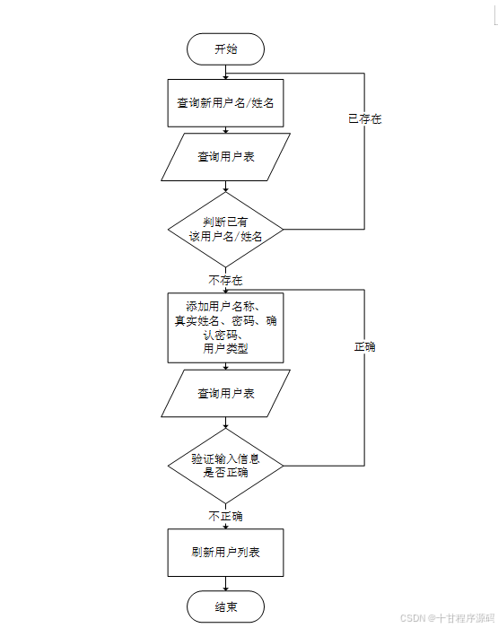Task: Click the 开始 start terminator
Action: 225,48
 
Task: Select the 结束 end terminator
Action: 225,606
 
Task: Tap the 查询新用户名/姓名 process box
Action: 225,103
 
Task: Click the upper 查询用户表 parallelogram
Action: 225,157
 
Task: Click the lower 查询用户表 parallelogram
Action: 225,393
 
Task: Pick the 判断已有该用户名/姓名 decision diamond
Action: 225,230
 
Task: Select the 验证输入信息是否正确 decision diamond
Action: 225,466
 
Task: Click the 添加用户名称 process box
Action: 225,327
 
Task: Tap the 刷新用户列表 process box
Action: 225,553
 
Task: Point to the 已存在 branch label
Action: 364,118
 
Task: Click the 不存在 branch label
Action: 225,280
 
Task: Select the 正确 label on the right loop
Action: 364,346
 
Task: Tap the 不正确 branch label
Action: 225,516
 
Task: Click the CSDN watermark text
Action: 447,618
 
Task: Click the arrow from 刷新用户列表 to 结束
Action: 225,583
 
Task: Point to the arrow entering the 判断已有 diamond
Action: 225,187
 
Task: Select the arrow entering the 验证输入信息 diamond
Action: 225,423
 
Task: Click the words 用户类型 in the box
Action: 225,348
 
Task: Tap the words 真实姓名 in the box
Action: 197,321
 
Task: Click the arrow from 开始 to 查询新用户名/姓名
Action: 225,72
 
